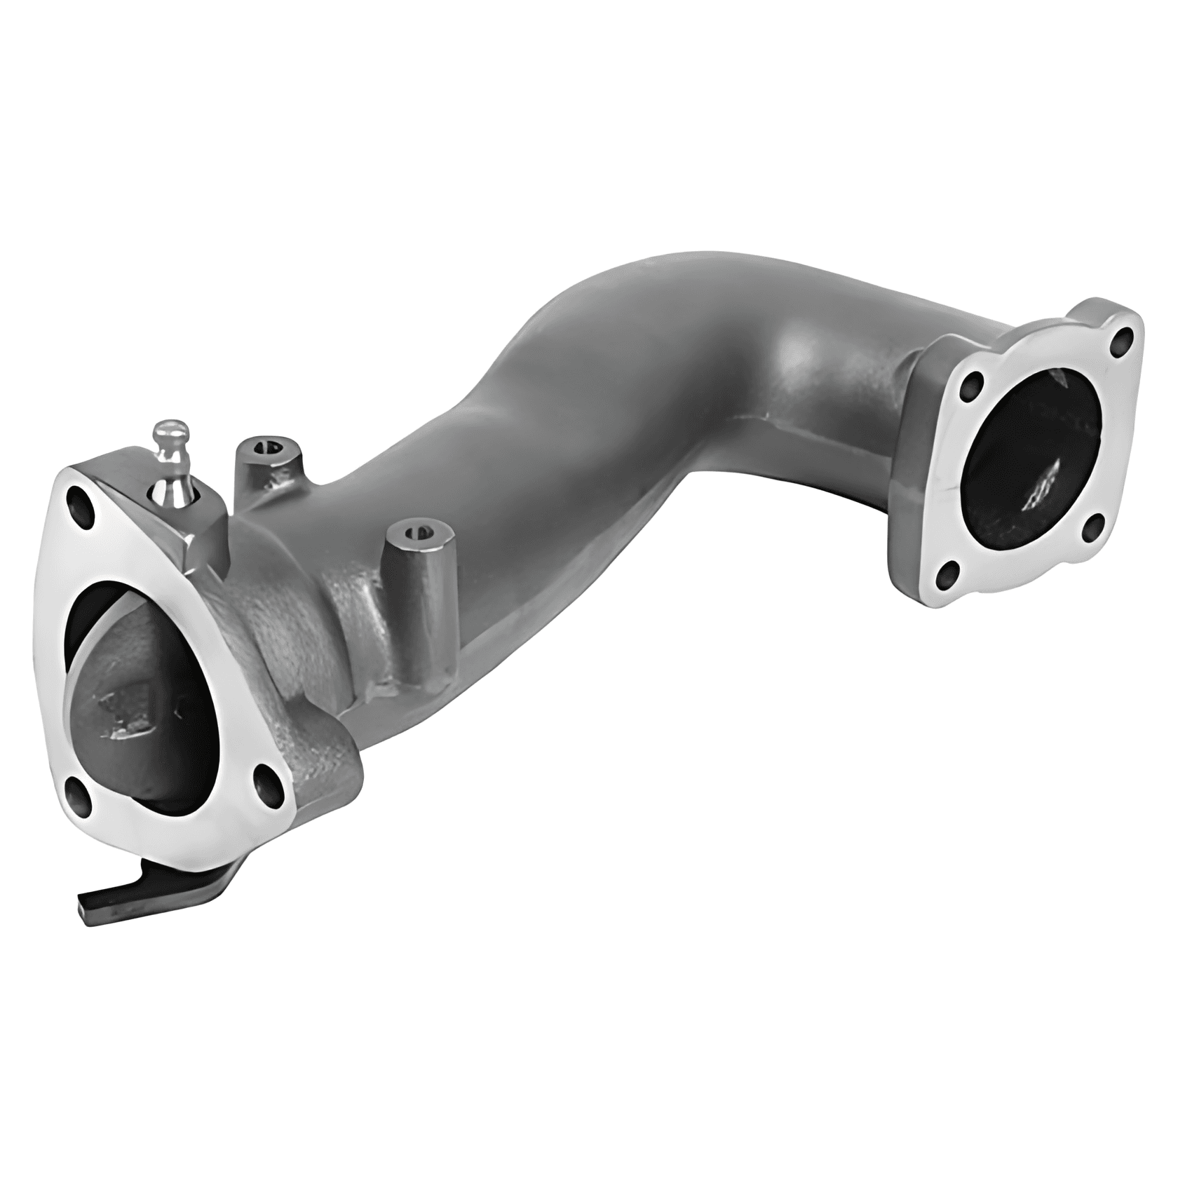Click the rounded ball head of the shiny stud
172,433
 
